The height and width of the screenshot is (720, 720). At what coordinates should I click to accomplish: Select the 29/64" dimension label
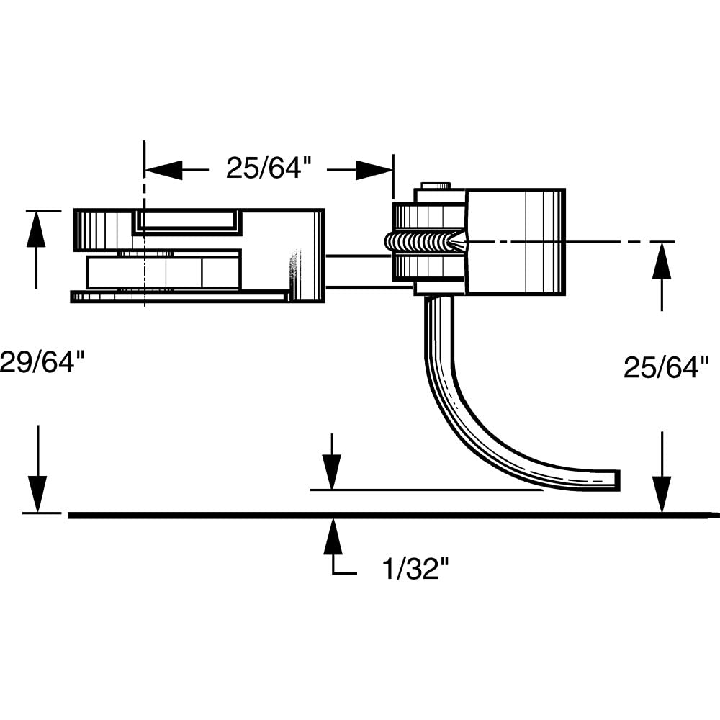tap(42, 361)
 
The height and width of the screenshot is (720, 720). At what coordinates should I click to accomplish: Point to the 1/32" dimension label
tap(415, 569)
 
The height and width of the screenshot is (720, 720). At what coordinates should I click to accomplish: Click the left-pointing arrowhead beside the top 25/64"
tap(163, 169)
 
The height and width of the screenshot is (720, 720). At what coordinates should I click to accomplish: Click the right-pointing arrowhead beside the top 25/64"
tap(374, 171)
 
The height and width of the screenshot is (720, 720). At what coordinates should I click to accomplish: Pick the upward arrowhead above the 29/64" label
tap(36, 229)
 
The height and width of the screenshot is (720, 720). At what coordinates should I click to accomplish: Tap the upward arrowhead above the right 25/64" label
tap(662, 261)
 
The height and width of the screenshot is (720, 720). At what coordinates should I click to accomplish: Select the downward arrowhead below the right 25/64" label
tap(662, 494)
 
